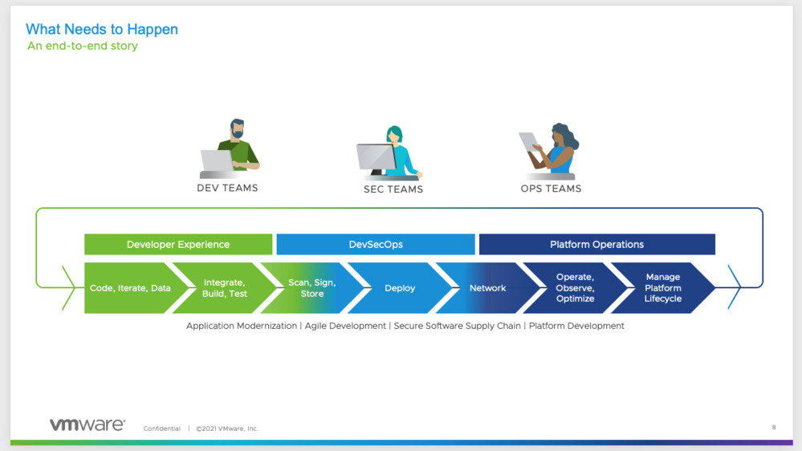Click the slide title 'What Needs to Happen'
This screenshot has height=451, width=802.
click(x=102, y=30)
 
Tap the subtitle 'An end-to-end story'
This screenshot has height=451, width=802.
click(x=83, y=47)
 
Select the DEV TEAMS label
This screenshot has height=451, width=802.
click(x=227, y=189)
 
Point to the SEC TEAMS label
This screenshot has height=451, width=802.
click(x=393, y=189)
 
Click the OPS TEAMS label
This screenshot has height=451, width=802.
click(x=551, y=189)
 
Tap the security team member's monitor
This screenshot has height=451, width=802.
click(x=375, y=157)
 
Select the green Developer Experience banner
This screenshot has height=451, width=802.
click(x=178, y=245)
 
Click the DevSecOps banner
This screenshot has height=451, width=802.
click(x=376, y=245)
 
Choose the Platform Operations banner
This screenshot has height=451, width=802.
click(x=596, y=245)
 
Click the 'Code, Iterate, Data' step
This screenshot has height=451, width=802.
click(x=130, y=288)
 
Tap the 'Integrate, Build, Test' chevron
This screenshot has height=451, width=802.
click(x=225, y=288)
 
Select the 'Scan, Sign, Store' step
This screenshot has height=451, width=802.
click(x=312, y=288)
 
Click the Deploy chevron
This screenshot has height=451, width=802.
click(x=400, y=288)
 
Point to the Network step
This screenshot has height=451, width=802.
click(x=487, y=288)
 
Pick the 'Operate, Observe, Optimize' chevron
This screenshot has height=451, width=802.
click(x=575, y=288)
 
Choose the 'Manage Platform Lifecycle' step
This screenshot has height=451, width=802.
click(x=663, y=288)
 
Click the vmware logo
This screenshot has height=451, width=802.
click(x=88, y=425)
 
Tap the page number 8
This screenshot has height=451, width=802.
click(x=773, y=428)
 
